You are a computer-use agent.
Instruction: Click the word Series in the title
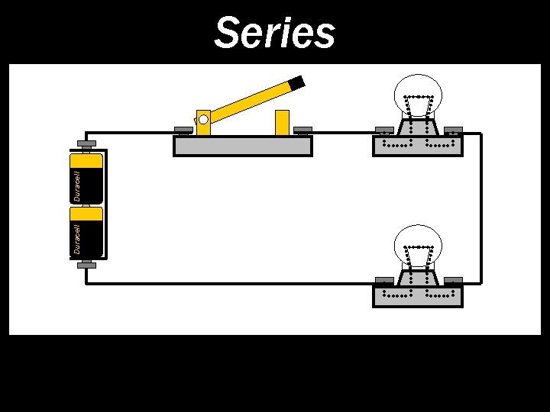pyautogui.click(x=274, y=34)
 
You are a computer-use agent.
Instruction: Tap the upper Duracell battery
pyautogui.click(x=86, y=179)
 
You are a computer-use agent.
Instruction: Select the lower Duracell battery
pyautogui.click(x=86, y=231)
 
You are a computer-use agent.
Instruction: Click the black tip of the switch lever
pyautogui.click(x=296, y=82)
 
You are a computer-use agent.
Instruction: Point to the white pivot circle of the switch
pyautogui.click(x=203, y=119)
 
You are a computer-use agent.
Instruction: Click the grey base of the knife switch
pyautogui.click(x=243, y=146)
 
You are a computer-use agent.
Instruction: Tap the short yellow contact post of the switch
pyautogui.click(x=282, y=123)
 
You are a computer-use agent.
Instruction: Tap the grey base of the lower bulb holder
pyautogui.click(x=417, y=296)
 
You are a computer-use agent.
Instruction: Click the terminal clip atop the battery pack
pyautogui.click(x=86, y=143)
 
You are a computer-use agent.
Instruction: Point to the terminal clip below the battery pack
pyautogui.click(x=86, y=265)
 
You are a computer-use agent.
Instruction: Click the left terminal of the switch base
pyautogui.click(x=183, y=129)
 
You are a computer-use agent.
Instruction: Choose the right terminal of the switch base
pyautogui.click(x=303, y=129)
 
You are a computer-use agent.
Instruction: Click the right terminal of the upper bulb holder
pyautogui.click(x=453, y=129)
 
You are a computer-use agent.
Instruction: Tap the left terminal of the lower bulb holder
pyautogui.click(x=384, y=280)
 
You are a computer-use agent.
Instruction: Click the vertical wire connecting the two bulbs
pyautogui.click(x=480, y=208)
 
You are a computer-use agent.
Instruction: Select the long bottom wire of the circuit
pyautogui.click(x=229, y=283)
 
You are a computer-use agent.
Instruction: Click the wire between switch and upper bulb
pyautogui.click(x=344, y=131)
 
